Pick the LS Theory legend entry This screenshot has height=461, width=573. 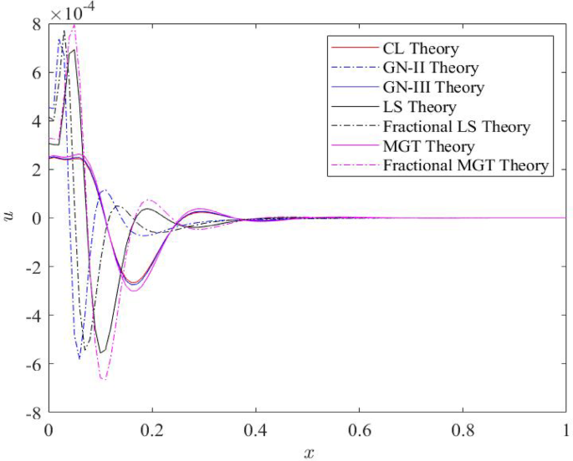pos(419,107)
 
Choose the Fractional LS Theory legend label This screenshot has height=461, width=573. pos(456,127)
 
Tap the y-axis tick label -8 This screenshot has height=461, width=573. pos(33,413)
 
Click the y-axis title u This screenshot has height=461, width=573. pos(11,218)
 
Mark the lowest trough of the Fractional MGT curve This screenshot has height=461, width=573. pos(103,379)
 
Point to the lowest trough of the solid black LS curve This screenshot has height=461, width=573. pos(100,352)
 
